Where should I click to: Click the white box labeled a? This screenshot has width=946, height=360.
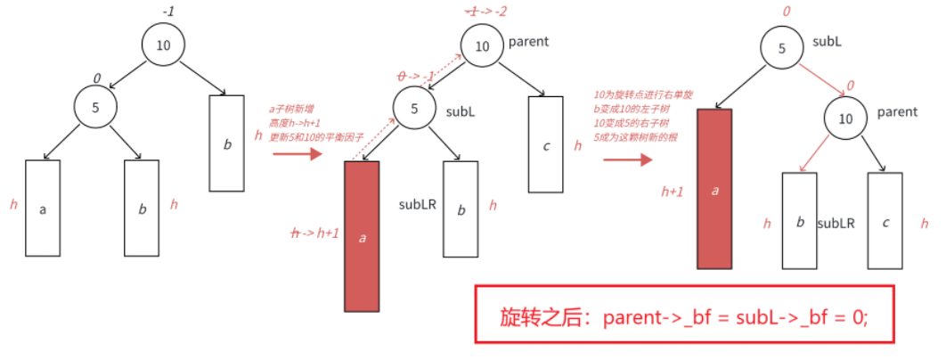[x=43, y=209]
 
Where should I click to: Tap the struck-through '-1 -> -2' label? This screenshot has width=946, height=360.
[x=485, y=11]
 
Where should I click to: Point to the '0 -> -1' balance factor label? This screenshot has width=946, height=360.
[x=416, y=77]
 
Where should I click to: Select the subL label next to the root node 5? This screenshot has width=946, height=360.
[x=828, y=42]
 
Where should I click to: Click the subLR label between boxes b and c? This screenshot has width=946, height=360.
[x=836, y=223]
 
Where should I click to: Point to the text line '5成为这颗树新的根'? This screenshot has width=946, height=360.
[x=634, y=137]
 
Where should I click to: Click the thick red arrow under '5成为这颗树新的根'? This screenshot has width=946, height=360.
[x=625, y=160]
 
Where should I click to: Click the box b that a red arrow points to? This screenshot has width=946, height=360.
[x=799, y=220]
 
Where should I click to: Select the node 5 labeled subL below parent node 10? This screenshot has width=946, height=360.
[x=414, y=110]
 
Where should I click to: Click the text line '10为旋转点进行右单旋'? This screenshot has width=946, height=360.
[x=635, y=94]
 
